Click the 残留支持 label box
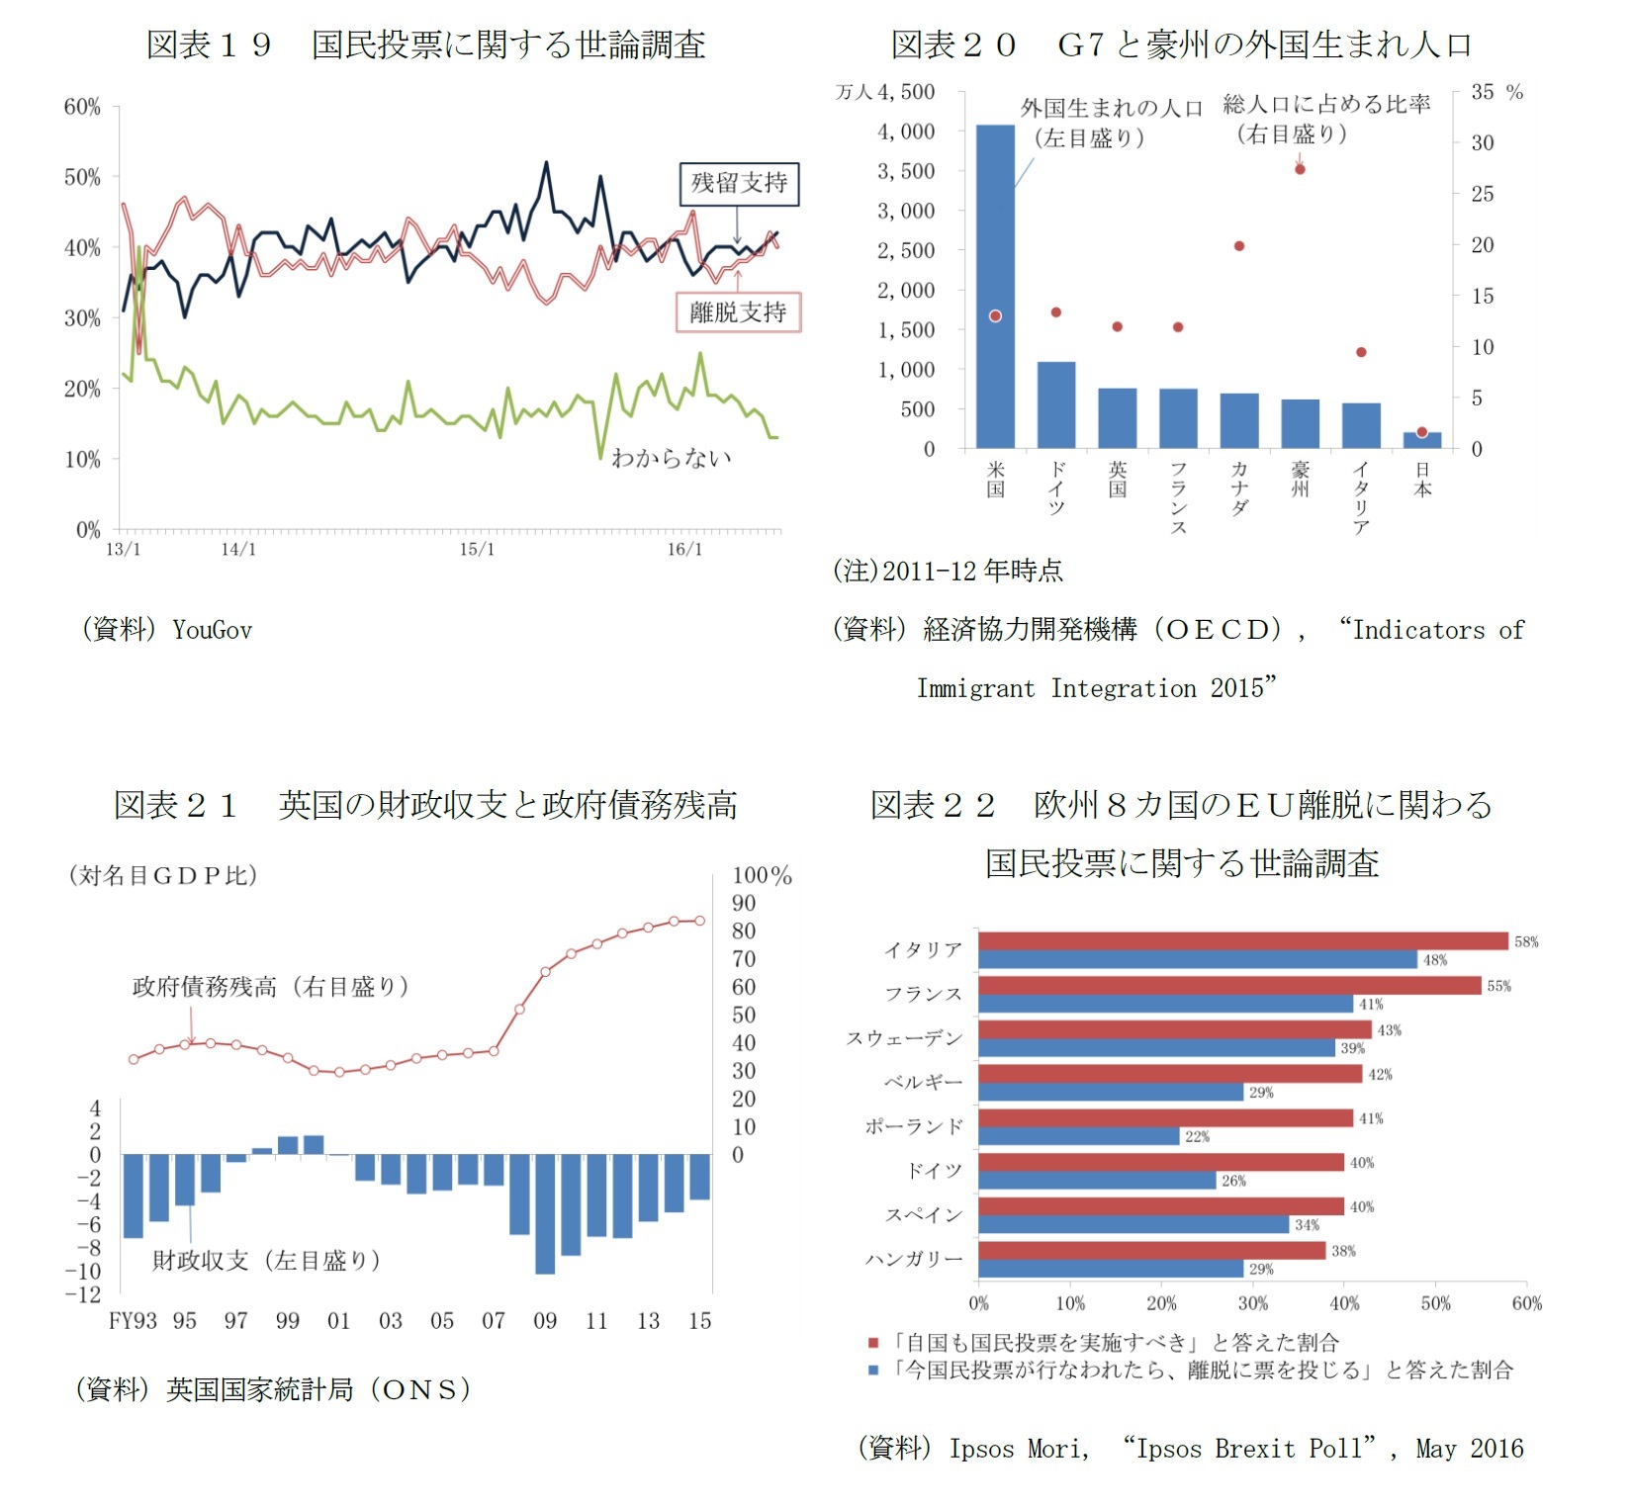pyautogui.click(x=739, y=183)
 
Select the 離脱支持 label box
pyautogui.click(x=738, y=312)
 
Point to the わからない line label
pyautogui.click(x=672, y=457)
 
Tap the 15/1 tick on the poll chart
pyautogui.click(x=476, y=550)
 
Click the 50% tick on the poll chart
pyautogui.click(x=82, y=177)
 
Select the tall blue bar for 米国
pyautogui.click(x=995, y=287)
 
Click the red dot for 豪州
pyautogui.click(x=1300, y=169)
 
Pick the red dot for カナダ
pyautogui.click(x=1239, y=246)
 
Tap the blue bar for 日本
pyautogui.click(x=1421, y=440)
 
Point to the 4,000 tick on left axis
pyautogui.click(x=905, y=132)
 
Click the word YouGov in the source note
pyautogui.click(x=212, y=630)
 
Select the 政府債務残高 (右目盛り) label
pyautogui.click(x=270, y=986)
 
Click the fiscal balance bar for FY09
pyautogui.click(x=545, y=1213)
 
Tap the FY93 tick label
pyautogui.click(x=133, y=1321)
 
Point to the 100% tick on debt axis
pyautogui.click(x=761, y=875)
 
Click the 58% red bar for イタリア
pyautogui.click(x=1242, y=941)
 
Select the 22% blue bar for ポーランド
pyautogui.click(x=1078, y=1136)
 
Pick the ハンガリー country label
pyautogui.click(x=913, y=1259)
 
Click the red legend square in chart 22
pyautogui.click(x=873, y=1343)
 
